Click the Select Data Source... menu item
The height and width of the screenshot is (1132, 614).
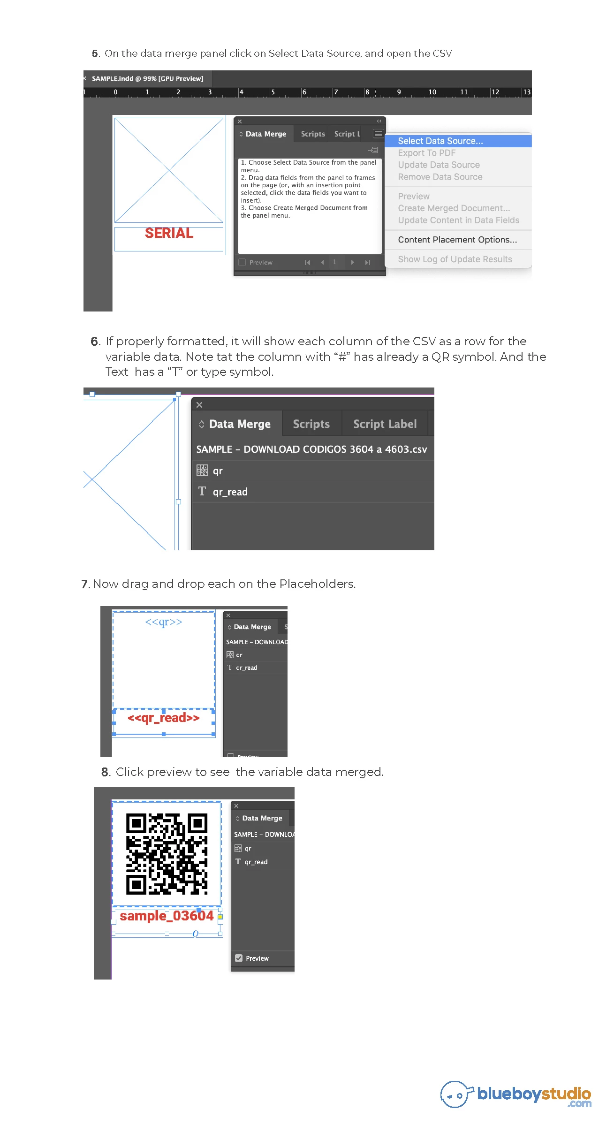pos(440,141)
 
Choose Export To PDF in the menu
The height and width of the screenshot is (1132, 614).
pos(426,153)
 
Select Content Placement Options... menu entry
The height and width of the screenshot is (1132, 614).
pos(457,240)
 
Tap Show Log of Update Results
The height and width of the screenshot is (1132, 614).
pos(455,259)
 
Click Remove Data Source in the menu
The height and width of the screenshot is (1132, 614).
pos(440,177)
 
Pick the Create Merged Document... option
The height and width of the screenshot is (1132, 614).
pos(454,208)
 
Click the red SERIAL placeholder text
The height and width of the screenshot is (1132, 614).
pos(169,233)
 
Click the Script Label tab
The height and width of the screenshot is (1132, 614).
pos(385,424)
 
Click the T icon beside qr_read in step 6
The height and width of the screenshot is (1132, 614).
pos(202,491)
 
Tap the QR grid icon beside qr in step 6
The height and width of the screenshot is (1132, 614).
pos(202,470)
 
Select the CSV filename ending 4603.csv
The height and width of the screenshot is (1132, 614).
pos(311,449)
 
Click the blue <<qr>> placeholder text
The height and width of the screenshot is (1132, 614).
pos(163,622)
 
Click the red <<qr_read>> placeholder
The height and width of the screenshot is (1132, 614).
pos(163,718)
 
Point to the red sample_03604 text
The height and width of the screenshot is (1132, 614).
pos(167,916)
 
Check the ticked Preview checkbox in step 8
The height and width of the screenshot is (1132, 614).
pos(239,958)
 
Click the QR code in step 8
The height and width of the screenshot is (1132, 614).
pos(167,854)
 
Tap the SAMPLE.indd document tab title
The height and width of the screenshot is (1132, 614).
pos(147,79)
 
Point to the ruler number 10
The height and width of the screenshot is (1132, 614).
pos(432,92)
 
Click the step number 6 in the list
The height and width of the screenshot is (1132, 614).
pos(95,342)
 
